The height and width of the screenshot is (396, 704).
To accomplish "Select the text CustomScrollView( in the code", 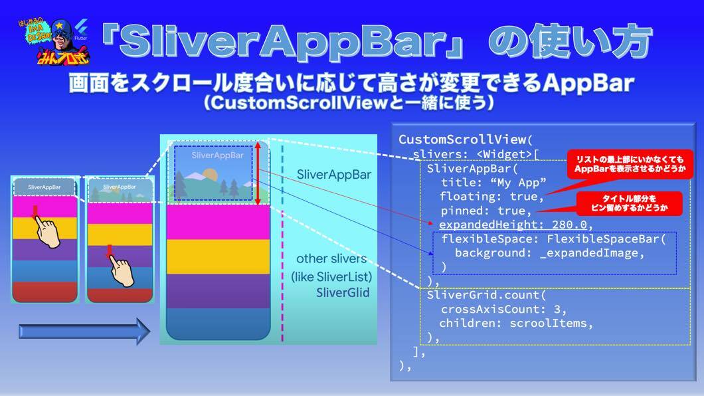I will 466,140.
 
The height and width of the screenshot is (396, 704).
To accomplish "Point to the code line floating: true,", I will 492,196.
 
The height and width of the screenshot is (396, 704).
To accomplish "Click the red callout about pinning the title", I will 629,203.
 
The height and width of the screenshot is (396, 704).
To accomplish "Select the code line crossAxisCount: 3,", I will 503,309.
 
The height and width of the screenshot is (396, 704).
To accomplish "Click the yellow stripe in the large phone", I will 218,256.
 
